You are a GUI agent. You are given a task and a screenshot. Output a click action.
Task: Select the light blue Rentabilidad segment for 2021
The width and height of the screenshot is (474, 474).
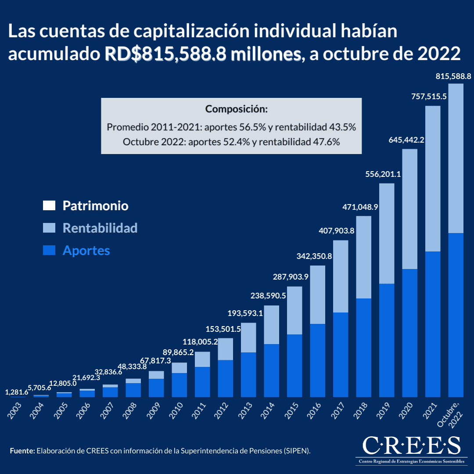click(433, 178)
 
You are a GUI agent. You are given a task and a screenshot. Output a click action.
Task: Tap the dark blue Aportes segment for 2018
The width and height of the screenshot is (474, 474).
click(363, 347)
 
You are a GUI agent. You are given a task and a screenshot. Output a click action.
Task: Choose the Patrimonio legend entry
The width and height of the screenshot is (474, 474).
click(95, 205)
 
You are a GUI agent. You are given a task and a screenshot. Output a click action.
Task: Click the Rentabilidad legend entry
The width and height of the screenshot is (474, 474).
click(100, 228)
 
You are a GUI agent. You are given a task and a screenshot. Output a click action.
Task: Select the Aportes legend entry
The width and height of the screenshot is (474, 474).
click(86, 251)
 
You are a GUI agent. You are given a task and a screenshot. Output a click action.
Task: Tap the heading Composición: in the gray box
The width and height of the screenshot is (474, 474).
click(231, 109)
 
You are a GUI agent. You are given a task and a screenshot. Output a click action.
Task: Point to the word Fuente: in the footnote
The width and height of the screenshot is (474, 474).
click(22, 451)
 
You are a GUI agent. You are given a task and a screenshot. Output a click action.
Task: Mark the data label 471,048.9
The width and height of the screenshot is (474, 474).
click(360, 206)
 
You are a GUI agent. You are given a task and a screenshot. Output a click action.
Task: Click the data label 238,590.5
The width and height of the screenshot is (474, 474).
click(268, 296)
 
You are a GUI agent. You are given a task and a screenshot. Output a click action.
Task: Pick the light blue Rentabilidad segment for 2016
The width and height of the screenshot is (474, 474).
click(317, 294)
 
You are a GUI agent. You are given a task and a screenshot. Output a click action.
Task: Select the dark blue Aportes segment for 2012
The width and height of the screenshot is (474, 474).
click(225, 378)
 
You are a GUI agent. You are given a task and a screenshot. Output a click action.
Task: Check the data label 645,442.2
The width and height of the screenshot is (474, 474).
click(406, 140)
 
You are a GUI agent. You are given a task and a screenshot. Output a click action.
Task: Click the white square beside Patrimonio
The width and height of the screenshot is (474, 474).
click(49, 205)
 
